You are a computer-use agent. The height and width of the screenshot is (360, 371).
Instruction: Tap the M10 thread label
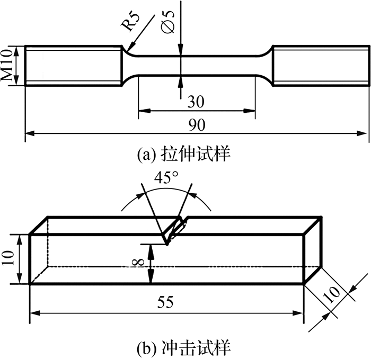6,65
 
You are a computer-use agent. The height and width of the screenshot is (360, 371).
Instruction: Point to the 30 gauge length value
196,102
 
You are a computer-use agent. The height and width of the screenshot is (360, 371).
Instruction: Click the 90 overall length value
197,125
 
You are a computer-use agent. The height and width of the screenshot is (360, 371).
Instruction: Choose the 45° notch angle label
166,178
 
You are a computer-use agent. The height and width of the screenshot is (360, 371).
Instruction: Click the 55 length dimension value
165,302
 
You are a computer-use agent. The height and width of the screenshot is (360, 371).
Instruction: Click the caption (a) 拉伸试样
183,154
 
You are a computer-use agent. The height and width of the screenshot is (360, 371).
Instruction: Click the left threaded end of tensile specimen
73,65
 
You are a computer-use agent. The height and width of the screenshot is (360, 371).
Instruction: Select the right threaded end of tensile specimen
321,65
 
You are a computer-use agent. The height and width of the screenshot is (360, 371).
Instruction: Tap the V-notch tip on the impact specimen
167,245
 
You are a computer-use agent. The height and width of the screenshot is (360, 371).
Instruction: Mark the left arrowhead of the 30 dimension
145,111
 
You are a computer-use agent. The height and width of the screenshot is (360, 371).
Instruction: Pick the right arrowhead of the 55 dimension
297,313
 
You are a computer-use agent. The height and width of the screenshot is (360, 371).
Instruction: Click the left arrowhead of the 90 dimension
31,133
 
